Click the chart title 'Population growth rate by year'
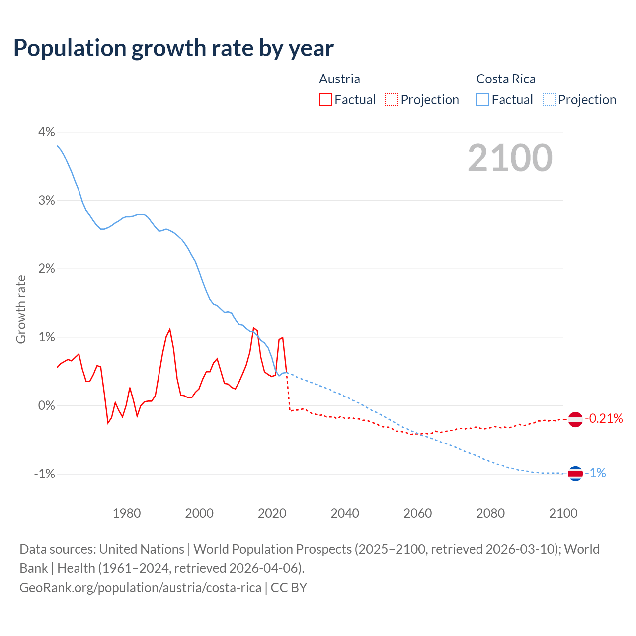pyautogui.click(x=173, y=48)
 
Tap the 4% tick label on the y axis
pyautogui.click(x=46, y=132)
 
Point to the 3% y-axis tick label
pyautogui.click(x=46, y=200)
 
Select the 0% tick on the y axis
pyautogui.click(x=46, y=405)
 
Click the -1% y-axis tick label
pyautogui.click(x=44, y=474)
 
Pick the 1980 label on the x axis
pyautogui.click(x=127, y=513)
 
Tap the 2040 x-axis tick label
pyautogui.click(x=345, y=513)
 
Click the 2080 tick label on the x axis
pyautogui.click(x=490, y=513)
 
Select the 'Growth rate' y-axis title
pyautogui.click(x=21, y=309)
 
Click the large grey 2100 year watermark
pyautogui.click(x=510, y=158)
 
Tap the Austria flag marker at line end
pyautogui.click(x=575, y=419)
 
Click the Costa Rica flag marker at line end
pyautogui.click(x=575, y=474)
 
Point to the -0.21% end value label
pyautogui.click(x=604, y=419)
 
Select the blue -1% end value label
pyautogui.click(x=595, y=473)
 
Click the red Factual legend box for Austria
pyautogui.click(x=325, y=100)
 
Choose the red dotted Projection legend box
pyautogui.click(x=392, y=100)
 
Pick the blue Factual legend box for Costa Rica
pyautogui.click(x=482, y=100)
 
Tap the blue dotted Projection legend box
pyautogui.click(x=549, y=100)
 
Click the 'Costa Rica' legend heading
pyautogui.click(x=506, y=79)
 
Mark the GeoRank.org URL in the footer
pyautogui.click(x=140, y=588)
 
